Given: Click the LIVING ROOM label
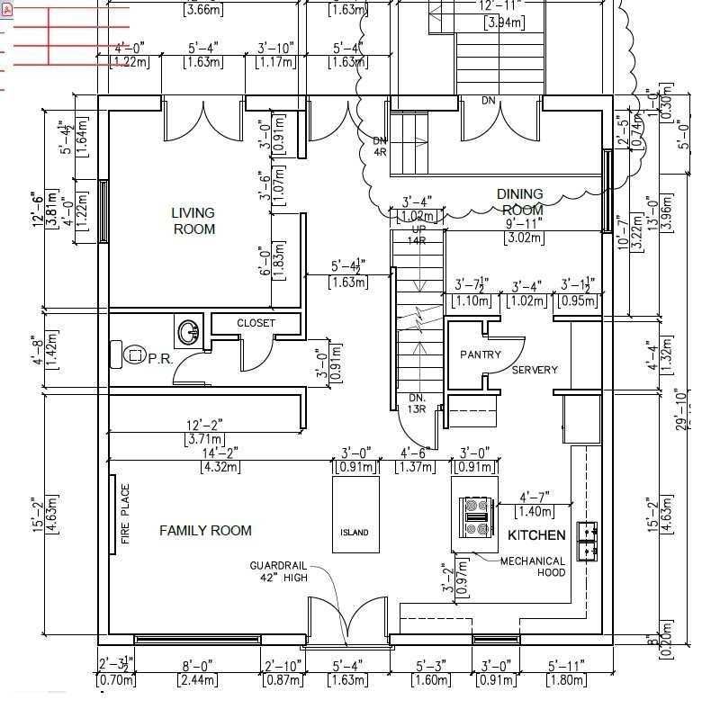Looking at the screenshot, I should tap(193, 221).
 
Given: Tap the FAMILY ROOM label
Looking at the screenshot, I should tap(205, 531).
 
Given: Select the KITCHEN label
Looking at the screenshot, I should tap(536, 535).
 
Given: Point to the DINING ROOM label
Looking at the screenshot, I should tap(520, 202).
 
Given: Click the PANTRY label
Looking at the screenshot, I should tap(480, 354).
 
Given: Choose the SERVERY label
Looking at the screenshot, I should tap(535, 370).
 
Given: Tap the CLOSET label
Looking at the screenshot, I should tap(256, 323).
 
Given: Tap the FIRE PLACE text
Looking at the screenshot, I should tap(125, 515).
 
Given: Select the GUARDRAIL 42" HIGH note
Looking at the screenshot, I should tap(278, 571).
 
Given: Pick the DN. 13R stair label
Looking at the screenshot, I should tap(416, 403).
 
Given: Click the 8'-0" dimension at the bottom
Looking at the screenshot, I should tap(199, 667).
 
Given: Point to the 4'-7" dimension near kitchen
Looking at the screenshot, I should tap(534, 497).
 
